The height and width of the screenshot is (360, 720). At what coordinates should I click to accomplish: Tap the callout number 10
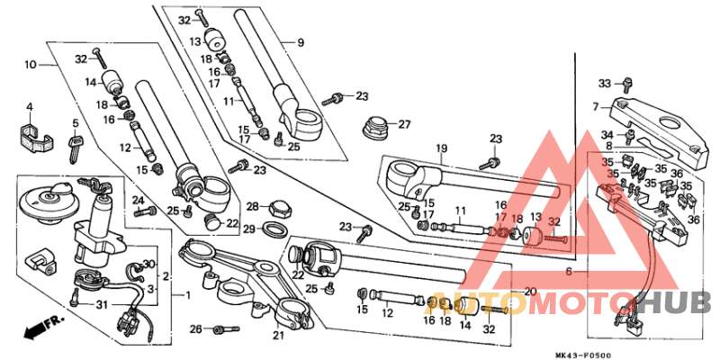pyautogui.click(x=30, y=65)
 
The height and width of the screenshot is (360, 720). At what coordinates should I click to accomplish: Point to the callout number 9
pyautogui.click(x=301, y=42)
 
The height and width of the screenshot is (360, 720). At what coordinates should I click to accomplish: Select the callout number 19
pyautogui.click(x=442, y=148)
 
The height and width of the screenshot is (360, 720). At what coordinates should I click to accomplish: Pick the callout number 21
pyautogui.click(x=278, y=337)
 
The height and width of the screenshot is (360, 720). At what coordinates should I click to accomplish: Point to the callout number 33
pyautogui.click(x=605, y=83)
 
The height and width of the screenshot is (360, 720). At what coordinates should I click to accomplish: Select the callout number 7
pyautogui.click(x=595, y=107)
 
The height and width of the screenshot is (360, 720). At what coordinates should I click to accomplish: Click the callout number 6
pyautogui.click(x=568, y=271)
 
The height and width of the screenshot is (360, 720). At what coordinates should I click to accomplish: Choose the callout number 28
pyautogui.click(x=253, y=206)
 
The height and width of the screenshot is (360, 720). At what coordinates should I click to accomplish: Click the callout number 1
pyautogui.click(x=187, y=295)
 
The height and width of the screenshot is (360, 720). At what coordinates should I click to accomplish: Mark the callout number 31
pyautogui.click(x=102, y=302)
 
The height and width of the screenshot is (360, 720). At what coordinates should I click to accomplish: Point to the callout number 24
pyautogui.click(x=138, y=200)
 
